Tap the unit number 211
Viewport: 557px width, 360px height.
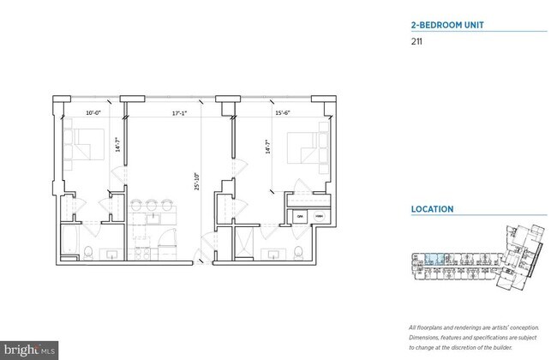[x=417, y=41]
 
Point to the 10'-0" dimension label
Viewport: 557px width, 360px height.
[x=94, y=112]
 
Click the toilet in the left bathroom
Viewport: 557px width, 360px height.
[x=89, y=251]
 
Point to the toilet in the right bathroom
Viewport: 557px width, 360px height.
[x=296, y=251]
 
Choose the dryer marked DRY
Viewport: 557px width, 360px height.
[x=301, y=217]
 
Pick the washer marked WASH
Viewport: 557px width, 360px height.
[x=320, y=217]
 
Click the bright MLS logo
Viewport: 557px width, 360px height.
[x=30, y=351]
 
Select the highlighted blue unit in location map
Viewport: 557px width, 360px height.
[x=433, y=256]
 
